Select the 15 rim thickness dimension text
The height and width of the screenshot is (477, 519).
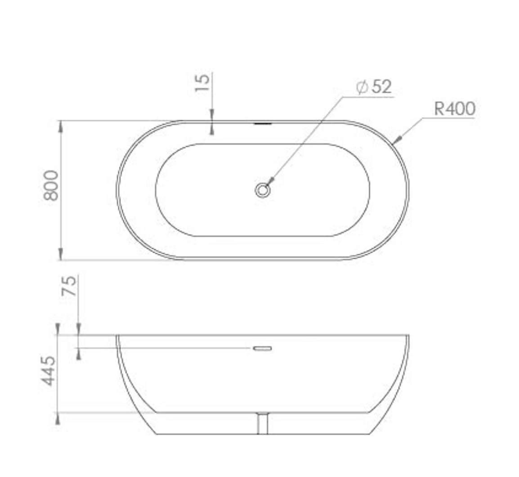(x=202, y=83)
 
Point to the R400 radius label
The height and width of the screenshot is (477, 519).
(x=454, y=108)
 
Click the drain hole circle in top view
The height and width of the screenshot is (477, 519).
(x=263, y=190)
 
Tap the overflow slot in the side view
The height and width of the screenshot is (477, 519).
(x=263, y=348)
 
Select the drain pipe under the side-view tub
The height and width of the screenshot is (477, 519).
(x=263, y=423)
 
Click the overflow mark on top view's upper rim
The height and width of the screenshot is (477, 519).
(x=263, y=123)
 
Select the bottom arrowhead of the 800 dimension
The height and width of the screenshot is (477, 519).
(x=61, y=255)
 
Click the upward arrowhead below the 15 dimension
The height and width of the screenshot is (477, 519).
(x=212, y=130)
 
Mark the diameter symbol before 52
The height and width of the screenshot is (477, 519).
(x=362, y=87)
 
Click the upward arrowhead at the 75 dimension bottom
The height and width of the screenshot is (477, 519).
(x=79, y=354)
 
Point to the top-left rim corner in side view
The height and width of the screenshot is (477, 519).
(x=117, y=336)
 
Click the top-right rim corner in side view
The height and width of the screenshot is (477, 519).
(x=408, y=336)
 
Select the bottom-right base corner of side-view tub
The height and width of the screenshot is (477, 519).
(x=369, y=434)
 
